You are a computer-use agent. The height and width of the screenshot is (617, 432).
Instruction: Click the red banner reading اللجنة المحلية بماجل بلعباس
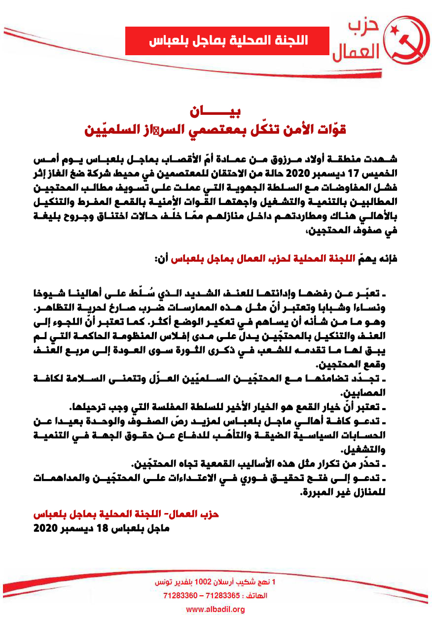click(x=227, y=41)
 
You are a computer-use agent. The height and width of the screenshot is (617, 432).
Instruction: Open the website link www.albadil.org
click(x=215, y=610)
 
